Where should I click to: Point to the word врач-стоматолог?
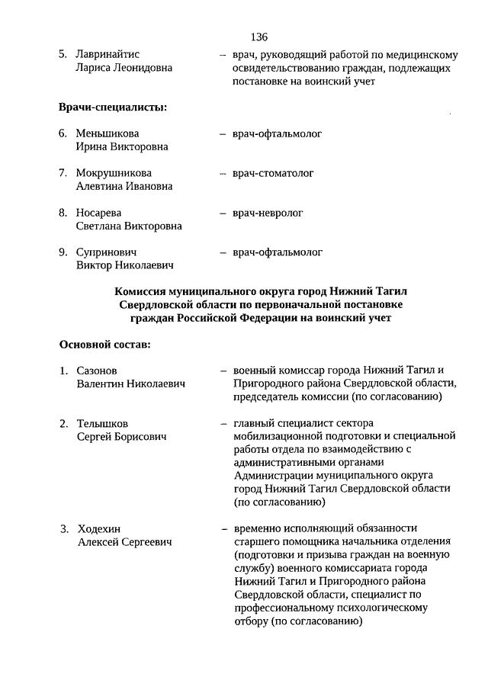pyautogui.click(x=273, y=173)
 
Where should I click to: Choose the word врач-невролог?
pyautogui.click(x=268, y=213)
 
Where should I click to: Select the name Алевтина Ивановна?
pyautogui.click(x=124, y=186)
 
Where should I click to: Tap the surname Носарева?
pyautogui.click(x=98, y=213)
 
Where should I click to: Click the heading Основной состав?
pyautogui.click(x=104, y=344)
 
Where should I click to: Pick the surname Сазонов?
pyautogui.click(x=96, y=371)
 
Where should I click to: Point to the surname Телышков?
pyautogui.click(x=102, y=423)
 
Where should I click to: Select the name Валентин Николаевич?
pyautogui.click(x=130, y=384)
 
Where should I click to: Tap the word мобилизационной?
pyautogui.click(x=278, y=436)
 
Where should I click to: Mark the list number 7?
pyautogui.click(x=63, y=173)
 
